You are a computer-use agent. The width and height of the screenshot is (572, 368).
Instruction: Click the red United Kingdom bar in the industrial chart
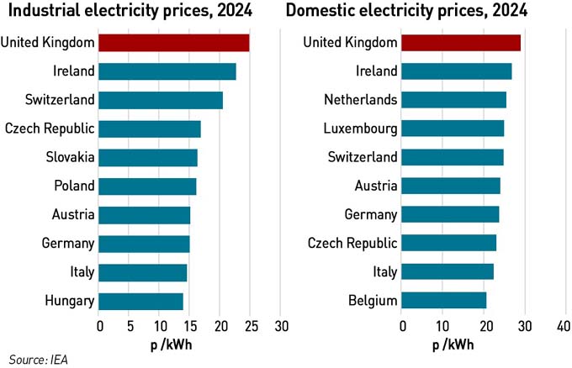(174, 43)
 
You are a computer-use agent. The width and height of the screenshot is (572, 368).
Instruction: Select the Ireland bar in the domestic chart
(457, 71)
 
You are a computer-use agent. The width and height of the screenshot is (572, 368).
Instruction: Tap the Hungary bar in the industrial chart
(141, 301)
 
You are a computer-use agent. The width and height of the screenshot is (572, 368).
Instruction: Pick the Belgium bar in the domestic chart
(444, 301)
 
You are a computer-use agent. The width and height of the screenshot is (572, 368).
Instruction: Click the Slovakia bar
(148, 158)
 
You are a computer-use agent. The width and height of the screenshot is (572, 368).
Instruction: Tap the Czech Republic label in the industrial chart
(50, 129)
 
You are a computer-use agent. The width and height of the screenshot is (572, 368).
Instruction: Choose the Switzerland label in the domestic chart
(362, 158)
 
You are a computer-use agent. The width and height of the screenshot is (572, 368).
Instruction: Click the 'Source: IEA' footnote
(39, 359)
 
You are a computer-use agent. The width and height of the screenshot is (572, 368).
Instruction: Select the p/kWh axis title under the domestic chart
(453, 344)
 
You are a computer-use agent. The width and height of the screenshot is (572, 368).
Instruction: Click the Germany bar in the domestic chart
(451, 215)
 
